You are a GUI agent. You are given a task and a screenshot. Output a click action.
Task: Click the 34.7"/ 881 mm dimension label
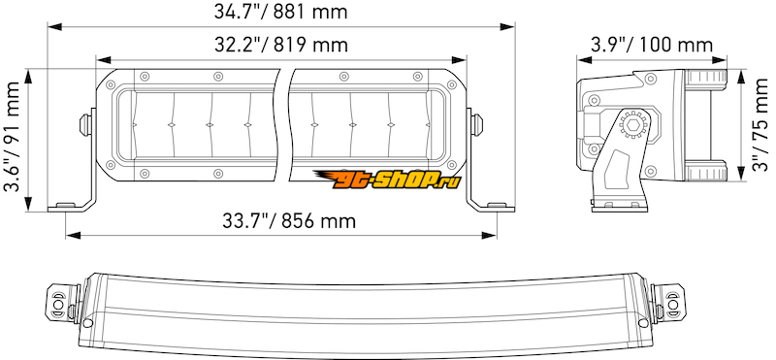pos(280,12)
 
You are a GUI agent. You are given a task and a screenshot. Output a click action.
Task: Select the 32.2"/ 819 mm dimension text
pos(281,45)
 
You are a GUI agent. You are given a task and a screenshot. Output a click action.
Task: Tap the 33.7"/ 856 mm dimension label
pos(289,221)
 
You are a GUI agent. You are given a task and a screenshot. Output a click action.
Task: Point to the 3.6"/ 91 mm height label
pos(12,137)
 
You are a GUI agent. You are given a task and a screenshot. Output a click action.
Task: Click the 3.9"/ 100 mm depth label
pos(652,45)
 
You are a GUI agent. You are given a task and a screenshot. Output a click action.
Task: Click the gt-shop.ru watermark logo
pos(387,180)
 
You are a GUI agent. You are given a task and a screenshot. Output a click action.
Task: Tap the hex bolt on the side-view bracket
pos(631,126)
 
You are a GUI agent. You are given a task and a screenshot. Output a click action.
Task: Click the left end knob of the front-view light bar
pos(85,124)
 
